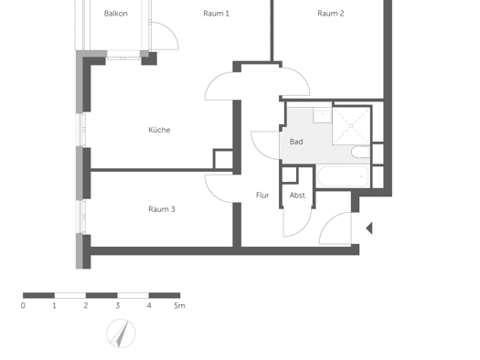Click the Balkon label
116,14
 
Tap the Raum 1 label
216,14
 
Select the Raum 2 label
331,14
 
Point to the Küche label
159,130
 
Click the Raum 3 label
162,209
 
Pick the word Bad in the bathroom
296,142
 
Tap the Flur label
262,196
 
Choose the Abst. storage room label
298,196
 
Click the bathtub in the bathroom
343,176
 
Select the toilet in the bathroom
360,152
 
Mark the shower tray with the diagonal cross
351,126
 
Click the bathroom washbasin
322,115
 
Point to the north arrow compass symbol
121,334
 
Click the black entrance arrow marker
369,228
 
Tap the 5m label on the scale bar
179,305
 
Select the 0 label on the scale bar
23,305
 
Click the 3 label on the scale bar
117,305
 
